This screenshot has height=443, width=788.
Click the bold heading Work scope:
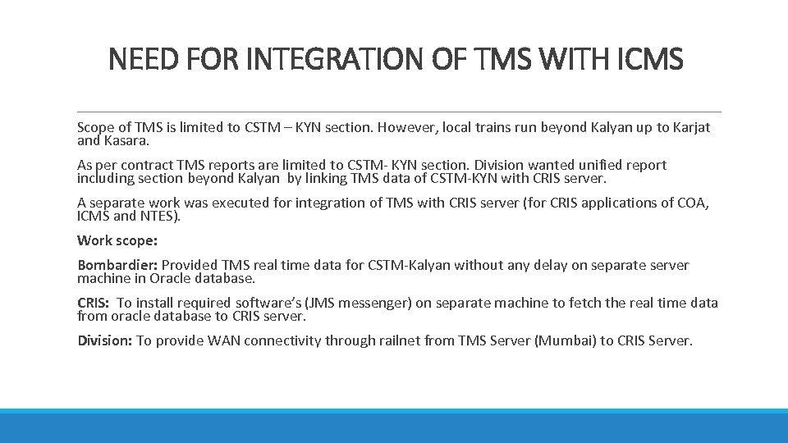117,240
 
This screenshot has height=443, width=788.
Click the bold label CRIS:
93,303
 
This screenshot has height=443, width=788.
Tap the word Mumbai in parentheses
560,340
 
